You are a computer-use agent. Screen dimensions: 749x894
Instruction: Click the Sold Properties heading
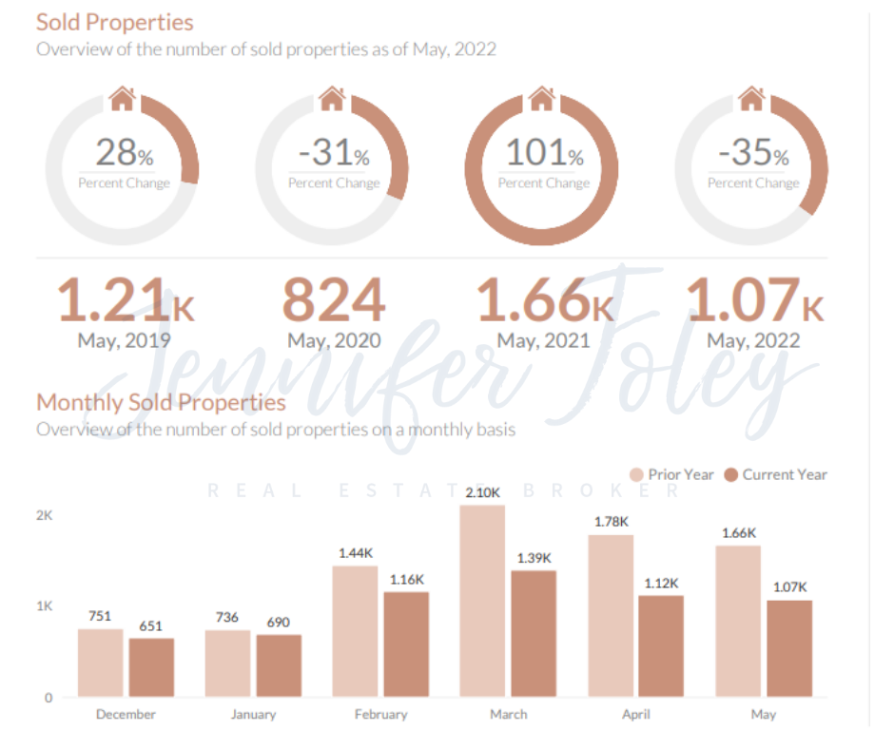(x=114, y=22)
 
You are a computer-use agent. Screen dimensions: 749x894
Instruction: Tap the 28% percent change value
(x=123, y=152)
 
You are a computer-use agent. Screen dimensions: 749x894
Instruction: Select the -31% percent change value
(x=333, y=152)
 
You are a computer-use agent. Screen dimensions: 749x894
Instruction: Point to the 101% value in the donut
(x=543, y=152)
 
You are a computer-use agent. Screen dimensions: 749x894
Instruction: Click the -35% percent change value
(x=753, y=152)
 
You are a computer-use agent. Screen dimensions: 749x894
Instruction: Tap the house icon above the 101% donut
(x=542, y=97)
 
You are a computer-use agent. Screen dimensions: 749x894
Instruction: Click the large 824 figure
(x=334, y=301)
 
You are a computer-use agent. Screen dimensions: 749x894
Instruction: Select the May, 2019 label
(x=124, y=339)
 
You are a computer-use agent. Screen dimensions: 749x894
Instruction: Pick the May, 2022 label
(x=753, y=339)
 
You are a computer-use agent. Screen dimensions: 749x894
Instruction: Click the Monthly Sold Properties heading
(x=161, y=402)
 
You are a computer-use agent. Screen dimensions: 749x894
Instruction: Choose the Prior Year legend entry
(x=672, y=474)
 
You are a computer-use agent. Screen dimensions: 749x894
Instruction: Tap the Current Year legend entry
(x=776, y=474)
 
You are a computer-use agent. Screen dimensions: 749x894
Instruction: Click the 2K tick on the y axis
(x=44, y=515)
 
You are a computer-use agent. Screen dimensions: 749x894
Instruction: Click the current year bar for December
(x=151, y=667)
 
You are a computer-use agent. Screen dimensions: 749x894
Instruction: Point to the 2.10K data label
(x=482, y=492)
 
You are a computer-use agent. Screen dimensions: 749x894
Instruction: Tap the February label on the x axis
(x=380, y=714)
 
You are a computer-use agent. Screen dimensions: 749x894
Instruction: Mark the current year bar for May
(x=788, y=648)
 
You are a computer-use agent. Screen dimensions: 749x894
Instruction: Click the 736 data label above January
(x=227, y=618)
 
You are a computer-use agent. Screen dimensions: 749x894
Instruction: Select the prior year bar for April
(x=611, y=616)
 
